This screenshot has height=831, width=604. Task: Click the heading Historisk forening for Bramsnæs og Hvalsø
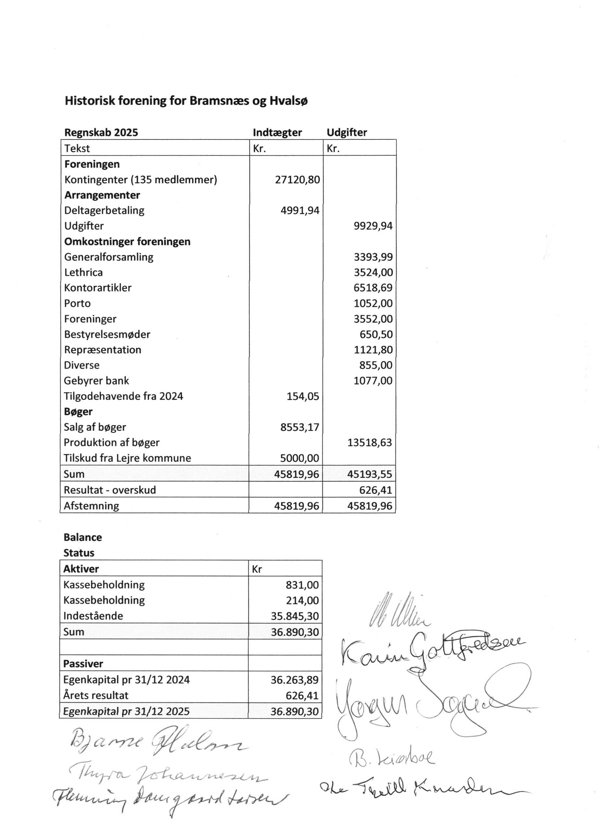tap(186, 101)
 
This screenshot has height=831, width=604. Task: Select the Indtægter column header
tap(277, 133)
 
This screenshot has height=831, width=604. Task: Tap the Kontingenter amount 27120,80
tap(297, 180)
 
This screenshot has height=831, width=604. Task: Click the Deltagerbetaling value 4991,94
tap(300, 210)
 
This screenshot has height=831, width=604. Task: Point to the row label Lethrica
tap(83, 273)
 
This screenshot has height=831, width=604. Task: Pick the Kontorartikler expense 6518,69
tap(373, 288)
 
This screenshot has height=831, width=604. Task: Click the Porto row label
tap(77, 304)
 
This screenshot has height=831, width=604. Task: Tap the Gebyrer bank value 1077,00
tap(373, 381)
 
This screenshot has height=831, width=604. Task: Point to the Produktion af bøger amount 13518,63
tap(369, 443)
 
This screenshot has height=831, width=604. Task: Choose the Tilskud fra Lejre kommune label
tap(127, 458)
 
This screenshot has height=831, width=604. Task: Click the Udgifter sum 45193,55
tap(369, 475)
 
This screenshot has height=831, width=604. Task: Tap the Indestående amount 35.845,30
tap(294, 616)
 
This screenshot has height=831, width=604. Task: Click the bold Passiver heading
tap(83, 664)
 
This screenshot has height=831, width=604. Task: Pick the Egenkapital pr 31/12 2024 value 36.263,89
tap(294, 680)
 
